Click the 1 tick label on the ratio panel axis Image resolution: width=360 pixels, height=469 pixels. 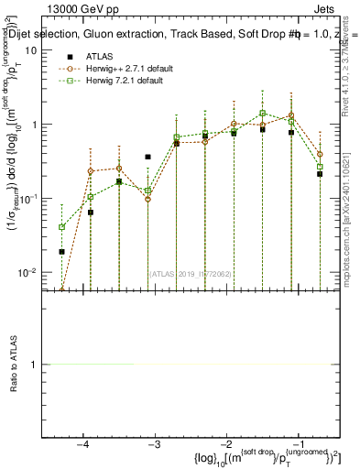(35, 365)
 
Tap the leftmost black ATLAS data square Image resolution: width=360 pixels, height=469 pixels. (62, 251)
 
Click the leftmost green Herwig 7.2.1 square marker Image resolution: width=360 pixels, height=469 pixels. (62, 227)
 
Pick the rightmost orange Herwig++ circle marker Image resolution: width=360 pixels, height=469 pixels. (320, 154)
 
